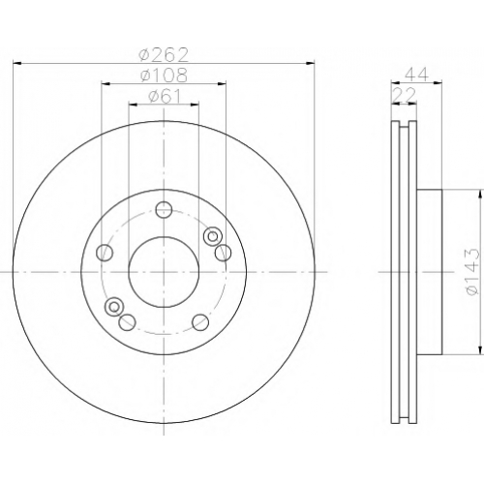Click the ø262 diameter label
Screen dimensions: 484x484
(163, 55)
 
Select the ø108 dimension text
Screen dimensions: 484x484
(164, 75)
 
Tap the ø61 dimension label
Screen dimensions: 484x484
(165, 96)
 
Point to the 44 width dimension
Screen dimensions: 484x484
(416, 75)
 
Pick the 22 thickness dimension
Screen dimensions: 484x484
(404, 96)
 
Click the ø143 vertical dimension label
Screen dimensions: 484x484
(471, 271)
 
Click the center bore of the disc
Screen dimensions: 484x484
(164, 272)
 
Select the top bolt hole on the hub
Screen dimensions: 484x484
(164, 210)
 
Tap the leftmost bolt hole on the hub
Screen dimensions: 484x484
(105, 253)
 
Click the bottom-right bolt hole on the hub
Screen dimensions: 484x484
(200, 321)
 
